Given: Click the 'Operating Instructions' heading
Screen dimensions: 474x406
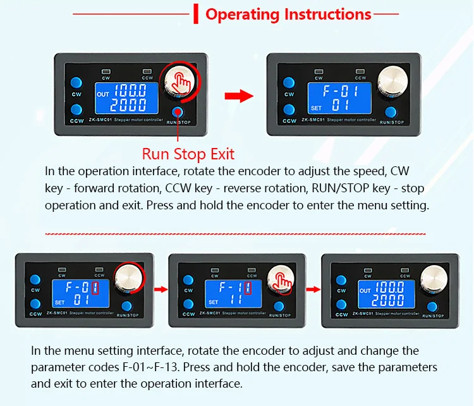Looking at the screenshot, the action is click(288, 14).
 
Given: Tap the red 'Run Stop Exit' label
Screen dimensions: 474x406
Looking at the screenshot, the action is click(188, 154).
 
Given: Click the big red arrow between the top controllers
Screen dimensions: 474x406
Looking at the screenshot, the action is click(239, 96).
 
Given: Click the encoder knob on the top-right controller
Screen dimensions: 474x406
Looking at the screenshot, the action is click(392, 81).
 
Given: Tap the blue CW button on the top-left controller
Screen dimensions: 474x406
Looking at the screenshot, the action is click(76, 82).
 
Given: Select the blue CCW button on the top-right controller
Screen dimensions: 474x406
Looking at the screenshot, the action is click(289, 109).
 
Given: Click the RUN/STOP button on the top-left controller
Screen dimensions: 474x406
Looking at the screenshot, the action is click(178, 112).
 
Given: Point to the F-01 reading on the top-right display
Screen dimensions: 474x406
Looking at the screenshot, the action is click(341, 91).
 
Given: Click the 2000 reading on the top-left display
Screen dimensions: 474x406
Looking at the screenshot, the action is click(128, 105).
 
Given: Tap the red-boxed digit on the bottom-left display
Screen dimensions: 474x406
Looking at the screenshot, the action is click(95, 287).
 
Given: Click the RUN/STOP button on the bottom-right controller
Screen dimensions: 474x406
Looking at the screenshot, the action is click(432, 307).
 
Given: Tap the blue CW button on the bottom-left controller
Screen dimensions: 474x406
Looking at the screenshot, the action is click(35, 280).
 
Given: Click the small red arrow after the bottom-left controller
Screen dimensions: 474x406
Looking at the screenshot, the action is click(161, 290).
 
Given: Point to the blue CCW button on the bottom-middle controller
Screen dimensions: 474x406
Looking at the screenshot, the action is click(188, 304).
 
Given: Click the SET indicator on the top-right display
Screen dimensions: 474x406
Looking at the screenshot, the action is click(316, 108).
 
